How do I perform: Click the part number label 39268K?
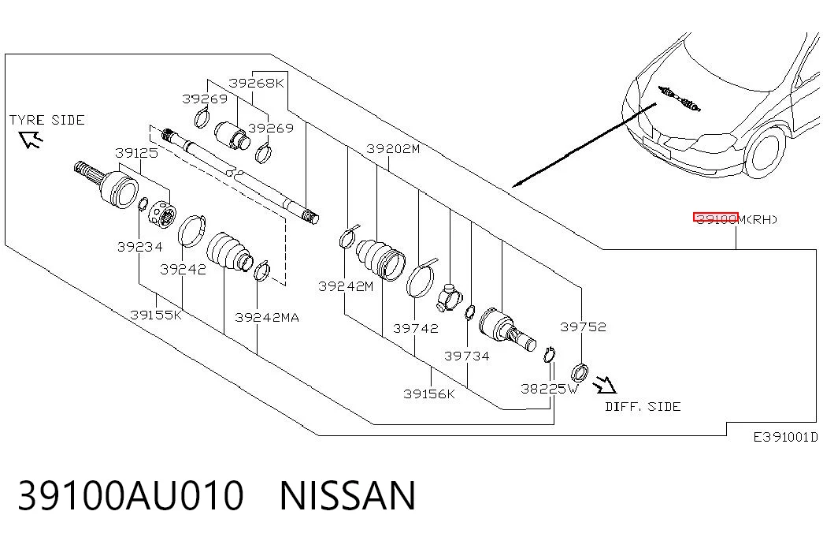[256, 83]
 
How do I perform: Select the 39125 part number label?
[136, 153]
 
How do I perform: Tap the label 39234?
[139, 247]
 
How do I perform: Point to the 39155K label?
[156, 315]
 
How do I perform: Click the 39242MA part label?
[267, 318]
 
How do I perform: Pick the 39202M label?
[393, 149]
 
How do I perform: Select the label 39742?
[416, 329]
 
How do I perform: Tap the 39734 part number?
[466, 356]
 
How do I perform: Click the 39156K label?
[428, 394]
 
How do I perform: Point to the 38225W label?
[549, 389]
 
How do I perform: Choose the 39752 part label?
[583, 327]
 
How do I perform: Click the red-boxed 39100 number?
[716, 218]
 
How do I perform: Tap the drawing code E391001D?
[786, 437]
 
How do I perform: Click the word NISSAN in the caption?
[347, 495]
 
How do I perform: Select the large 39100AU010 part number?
[131, 495]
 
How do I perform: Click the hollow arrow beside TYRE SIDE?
[31, 140]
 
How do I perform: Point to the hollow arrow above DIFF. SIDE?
[605, 384]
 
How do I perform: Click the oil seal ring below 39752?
[580, 373]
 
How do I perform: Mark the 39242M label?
[346, 286]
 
